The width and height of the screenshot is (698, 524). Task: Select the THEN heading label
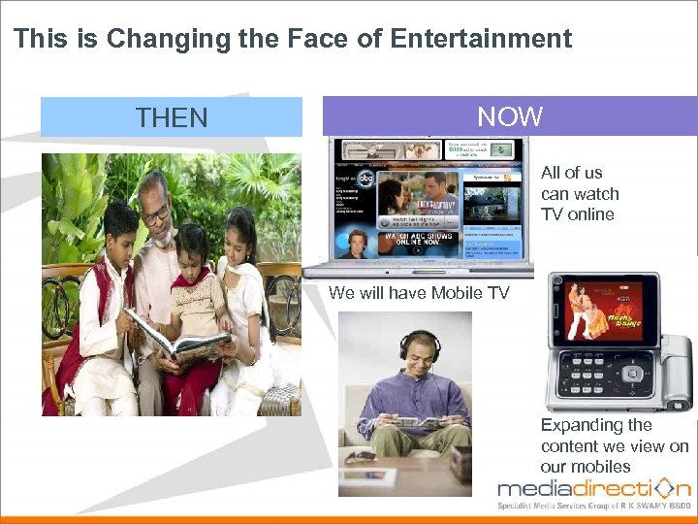pos(172,118)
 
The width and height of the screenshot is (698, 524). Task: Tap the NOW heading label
pos(510,116)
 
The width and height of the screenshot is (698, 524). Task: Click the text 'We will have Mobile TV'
pos(419,293)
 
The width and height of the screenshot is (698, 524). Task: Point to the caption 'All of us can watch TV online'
pos(579,193)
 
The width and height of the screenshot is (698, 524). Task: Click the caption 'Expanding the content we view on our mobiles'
pos(614,445)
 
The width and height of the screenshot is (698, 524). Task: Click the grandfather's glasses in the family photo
pos(154,212)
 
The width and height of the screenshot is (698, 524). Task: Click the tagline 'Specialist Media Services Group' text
pos(593,507)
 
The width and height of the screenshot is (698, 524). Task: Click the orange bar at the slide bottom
pos(349,518)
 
